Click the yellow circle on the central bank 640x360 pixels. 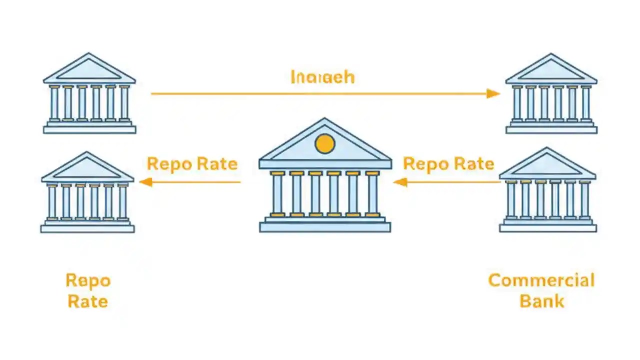point(325,143)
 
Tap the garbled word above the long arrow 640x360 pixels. point(322,77)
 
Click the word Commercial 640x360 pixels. point(541,280)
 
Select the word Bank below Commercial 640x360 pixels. point(541,301)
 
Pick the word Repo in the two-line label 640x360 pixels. point(88,281)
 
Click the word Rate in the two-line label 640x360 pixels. point(88,301)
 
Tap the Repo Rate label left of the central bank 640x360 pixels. point(192,163)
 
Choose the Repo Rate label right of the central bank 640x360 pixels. point(448,163)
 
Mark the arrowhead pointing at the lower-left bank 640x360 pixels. point(145,182)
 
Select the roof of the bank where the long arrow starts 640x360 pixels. point(89,69)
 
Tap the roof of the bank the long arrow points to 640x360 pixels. point(551,69)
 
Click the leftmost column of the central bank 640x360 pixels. point(277,194)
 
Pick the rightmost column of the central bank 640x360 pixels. point(372,194)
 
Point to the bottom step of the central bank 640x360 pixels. point(325,227)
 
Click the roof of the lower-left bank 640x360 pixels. point(87,168)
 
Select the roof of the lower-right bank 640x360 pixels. point(547,165)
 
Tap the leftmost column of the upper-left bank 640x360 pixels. point(54,103)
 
